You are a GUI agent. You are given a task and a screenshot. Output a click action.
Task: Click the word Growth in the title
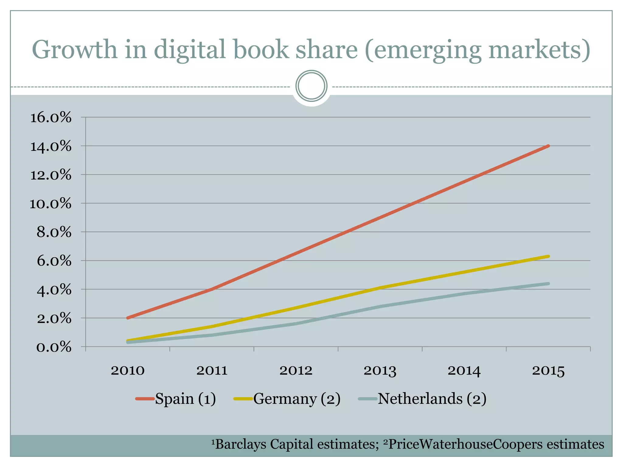click(x=75, y=50)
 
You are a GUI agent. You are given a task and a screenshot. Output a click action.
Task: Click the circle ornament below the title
click(x=311, y=86)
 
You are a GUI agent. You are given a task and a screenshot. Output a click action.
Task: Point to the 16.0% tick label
click(x=51, y=117)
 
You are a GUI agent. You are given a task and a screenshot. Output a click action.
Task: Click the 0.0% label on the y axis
click(x=54, y=347)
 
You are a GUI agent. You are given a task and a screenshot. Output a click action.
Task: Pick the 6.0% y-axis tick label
click(x=54, y=261)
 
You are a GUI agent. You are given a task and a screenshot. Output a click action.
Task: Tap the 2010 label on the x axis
click(x=127, y=371)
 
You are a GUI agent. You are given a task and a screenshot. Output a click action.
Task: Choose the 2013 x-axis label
click(x=380, y=371)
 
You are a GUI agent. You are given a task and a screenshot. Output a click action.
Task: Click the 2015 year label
click(x=548, y=371)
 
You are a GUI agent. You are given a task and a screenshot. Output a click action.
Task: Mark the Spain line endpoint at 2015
click(x=548, y=146)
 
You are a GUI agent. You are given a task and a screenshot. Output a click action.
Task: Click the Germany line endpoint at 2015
click(x=548, y=256)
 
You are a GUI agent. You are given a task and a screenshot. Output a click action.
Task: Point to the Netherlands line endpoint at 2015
click(x=548, y=284)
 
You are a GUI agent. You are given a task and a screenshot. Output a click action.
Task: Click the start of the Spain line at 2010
click(x=127, y=318)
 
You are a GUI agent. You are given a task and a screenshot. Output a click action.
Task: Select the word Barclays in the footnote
click(x=240, y=444)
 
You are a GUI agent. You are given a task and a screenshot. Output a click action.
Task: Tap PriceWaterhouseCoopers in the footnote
click(x=465, y=444)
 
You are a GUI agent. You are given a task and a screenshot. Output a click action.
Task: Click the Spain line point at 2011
click(x=212, y=289)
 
